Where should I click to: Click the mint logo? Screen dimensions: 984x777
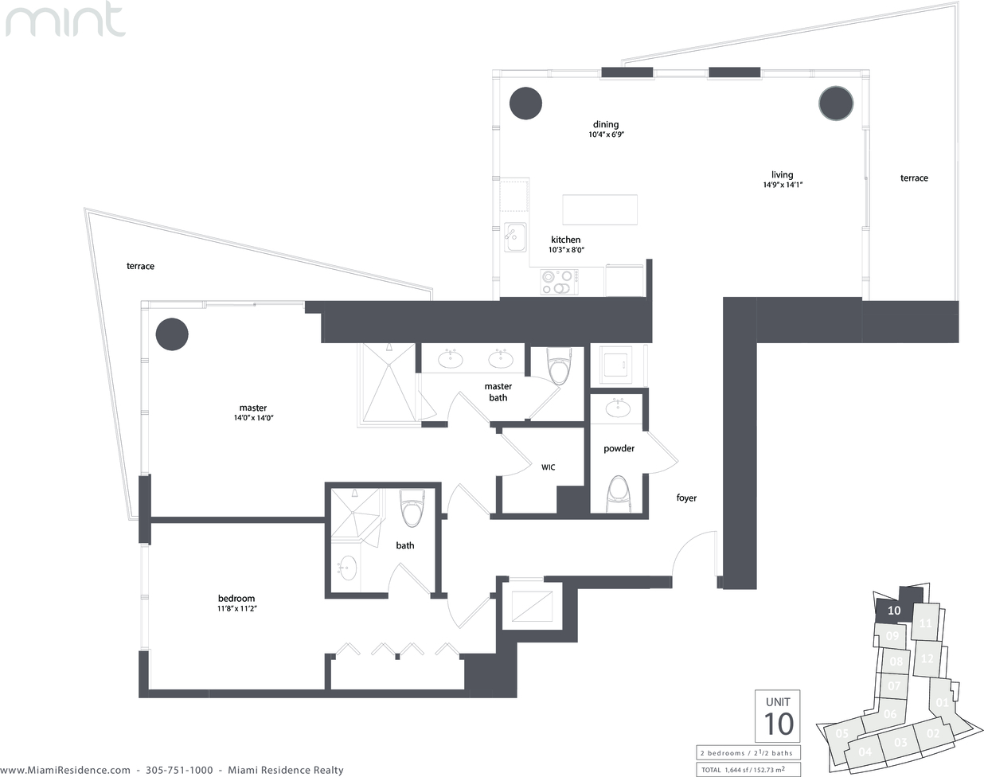tap(65, 19)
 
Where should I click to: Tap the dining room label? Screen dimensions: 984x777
tap(606, 124)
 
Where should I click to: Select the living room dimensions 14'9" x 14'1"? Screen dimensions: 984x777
tap(783, 185)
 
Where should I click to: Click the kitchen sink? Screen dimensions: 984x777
tap(515, 236)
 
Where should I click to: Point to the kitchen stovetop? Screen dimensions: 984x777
tap(560, 282)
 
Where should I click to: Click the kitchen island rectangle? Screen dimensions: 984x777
tap(600, 209)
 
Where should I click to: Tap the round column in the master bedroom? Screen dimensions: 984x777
tap(172, 334)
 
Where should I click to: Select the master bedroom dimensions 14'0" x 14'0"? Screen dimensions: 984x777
tap(253, 417)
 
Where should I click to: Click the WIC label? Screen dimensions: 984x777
tap(549, 467)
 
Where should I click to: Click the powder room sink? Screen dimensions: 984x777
tap(619, 408)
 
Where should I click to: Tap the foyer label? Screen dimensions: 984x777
tap(686, 498)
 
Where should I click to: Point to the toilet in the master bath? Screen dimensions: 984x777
tap(559, 366)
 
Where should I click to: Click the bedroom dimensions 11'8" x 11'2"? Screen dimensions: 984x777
tap(237, 608)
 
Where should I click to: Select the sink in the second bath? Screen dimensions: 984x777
tap(348, 568)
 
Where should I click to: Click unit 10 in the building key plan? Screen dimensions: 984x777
tap(894, 610)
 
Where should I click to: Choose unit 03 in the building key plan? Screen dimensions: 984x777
tap(900, 742)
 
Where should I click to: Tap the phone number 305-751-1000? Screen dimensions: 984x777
tap(179, 770)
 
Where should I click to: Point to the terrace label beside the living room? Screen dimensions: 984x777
tap(914, 178)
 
